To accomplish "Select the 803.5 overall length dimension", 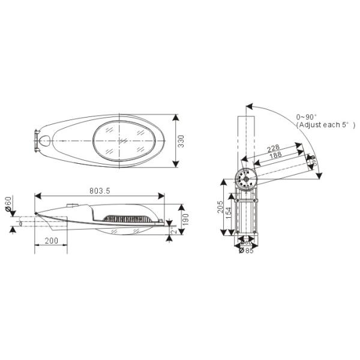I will click(x=100, y=190).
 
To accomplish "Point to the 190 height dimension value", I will click(x=185, y=219).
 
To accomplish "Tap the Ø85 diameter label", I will click(x=246, y=251).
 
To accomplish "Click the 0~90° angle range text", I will click(x=308, y=116).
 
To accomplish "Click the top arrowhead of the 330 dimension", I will click(x=176, y=115).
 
